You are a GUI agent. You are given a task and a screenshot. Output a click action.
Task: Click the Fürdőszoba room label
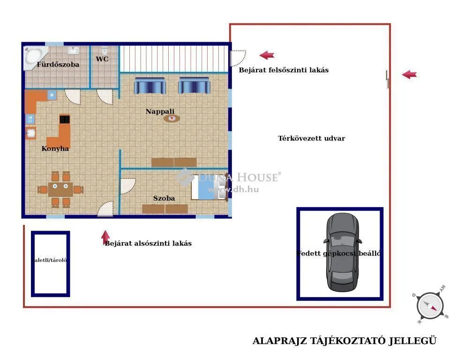(x=58, y=64)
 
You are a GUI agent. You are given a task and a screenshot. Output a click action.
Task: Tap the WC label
(x=102, y=59)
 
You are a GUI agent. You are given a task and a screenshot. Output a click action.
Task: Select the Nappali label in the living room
(x=160, y=111)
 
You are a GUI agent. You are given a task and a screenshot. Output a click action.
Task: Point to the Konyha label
(x=55, y=148)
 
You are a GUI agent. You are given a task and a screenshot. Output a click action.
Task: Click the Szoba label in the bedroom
(x=164, y=198)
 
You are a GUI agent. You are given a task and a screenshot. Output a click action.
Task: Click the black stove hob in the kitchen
(x=65, y=119)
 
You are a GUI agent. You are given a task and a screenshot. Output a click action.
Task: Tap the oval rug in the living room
(x=172, y=118)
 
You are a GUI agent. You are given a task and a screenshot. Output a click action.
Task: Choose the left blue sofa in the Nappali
(x=150, y=86)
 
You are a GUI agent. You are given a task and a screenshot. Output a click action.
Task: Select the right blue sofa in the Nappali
(x=194, y=86)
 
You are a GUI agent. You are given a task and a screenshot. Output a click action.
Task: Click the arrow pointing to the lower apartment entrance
(x=106, y=237)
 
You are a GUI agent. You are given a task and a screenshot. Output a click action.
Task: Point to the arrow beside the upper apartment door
(x=267, y=55)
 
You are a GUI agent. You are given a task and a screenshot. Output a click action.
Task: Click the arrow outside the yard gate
(x=409, y=74)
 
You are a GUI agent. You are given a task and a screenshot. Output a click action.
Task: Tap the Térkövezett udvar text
(x=311, y=138)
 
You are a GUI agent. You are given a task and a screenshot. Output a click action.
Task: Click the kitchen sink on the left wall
(x=30, y=134)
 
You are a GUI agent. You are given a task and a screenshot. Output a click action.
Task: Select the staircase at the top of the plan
(x=173, y=58)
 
